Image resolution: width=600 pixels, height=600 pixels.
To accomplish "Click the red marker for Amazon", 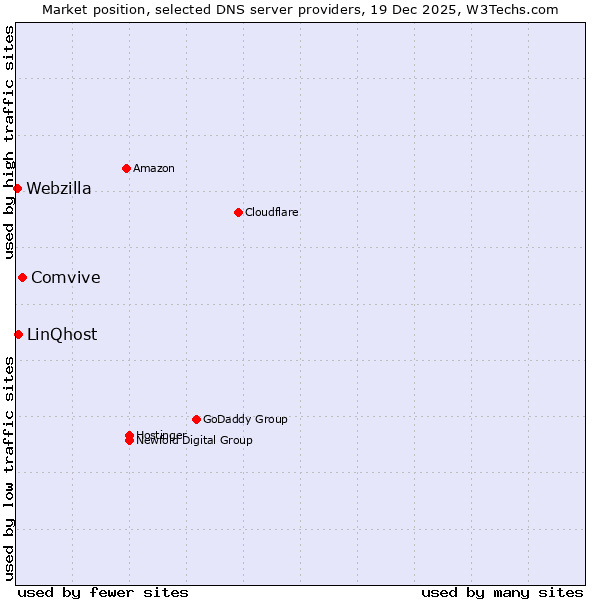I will [126, 168].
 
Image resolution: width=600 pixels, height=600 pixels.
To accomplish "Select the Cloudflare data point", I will [238, 212].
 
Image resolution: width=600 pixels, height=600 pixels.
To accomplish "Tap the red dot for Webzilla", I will [17, 188].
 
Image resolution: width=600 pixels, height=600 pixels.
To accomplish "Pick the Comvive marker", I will [22, 277].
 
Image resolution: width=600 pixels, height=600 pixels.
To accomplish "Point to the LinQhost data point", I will [18, 334].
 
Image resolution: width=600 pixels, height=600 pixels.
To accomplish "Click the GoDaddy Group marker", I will [196, 419].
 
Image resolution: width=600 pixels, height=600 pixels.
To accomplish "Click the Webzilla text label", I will [59, 189].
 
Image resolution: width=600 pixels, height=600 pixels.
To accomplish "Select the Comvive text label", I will [66, 278].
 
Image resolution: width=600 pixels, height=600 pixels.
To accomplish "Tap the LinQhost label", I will [62, 335].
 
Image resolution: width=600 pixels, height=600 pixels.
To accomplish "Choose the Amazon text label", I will [154, 168].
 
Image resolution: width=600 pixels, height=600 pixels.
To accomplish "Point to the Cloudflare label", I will [272, 212].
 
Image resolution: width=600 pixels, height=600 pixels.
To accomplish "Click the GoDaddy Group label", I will [245, 419].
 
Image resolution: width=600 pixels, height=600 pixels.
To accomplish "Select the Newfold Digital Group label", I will [195, 441].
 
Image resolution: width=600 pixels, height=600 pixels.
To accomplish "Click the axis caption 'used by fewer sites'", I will [103, 592].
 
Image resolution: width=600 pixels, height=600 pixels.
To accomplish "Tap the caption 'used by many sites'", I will [502, 592].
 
